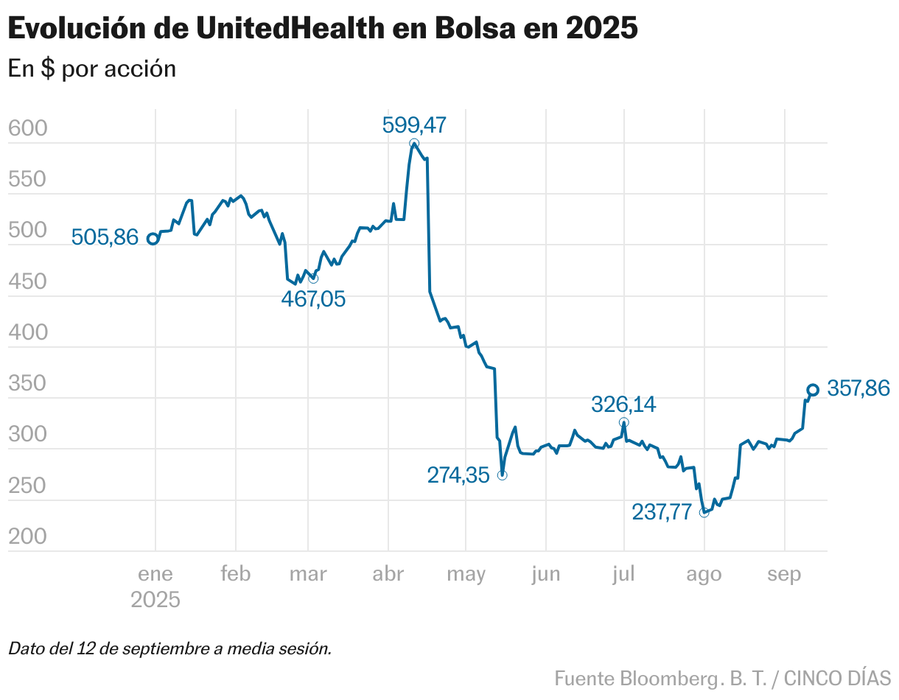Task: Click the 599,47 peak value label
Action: pyautogui.click(x=414, y=125)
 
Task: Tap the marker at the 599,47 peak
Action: pyautogui.click(x=414, y=144)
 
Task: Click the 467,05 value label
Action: pyautogui.click(x=313, y=298)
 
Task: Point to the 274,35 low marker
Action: pyautogui.click(x=502, y=475)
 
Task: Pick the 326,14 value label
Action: pyautogui.click(x=623, y=405)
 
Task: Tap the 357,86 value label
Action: pyautogui.click(x=858, y=388)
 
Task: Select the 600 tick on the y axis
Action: pyautogui.click(x=27, y=129)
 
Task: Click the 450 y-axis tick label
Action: pyautogui.click(x=27, y=282)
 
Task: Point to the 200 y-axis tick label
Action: pyautogui.click(x=27, y=537)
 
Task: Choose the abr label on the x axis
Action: pyautogui.click(x=388, y=574)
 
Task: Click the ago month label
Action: pyautogui.click(x=704, y=574)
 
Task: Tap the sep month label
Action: pyautogui.click(x=784, y=574)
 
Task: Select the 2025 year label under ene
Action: pyautogui.click(x=155, y=600)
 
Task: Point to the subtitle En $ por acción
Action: pyautogui.click(x=92, y=69)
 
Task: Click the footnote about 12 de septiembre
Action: pyautogui.click(x=170, y=649)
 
